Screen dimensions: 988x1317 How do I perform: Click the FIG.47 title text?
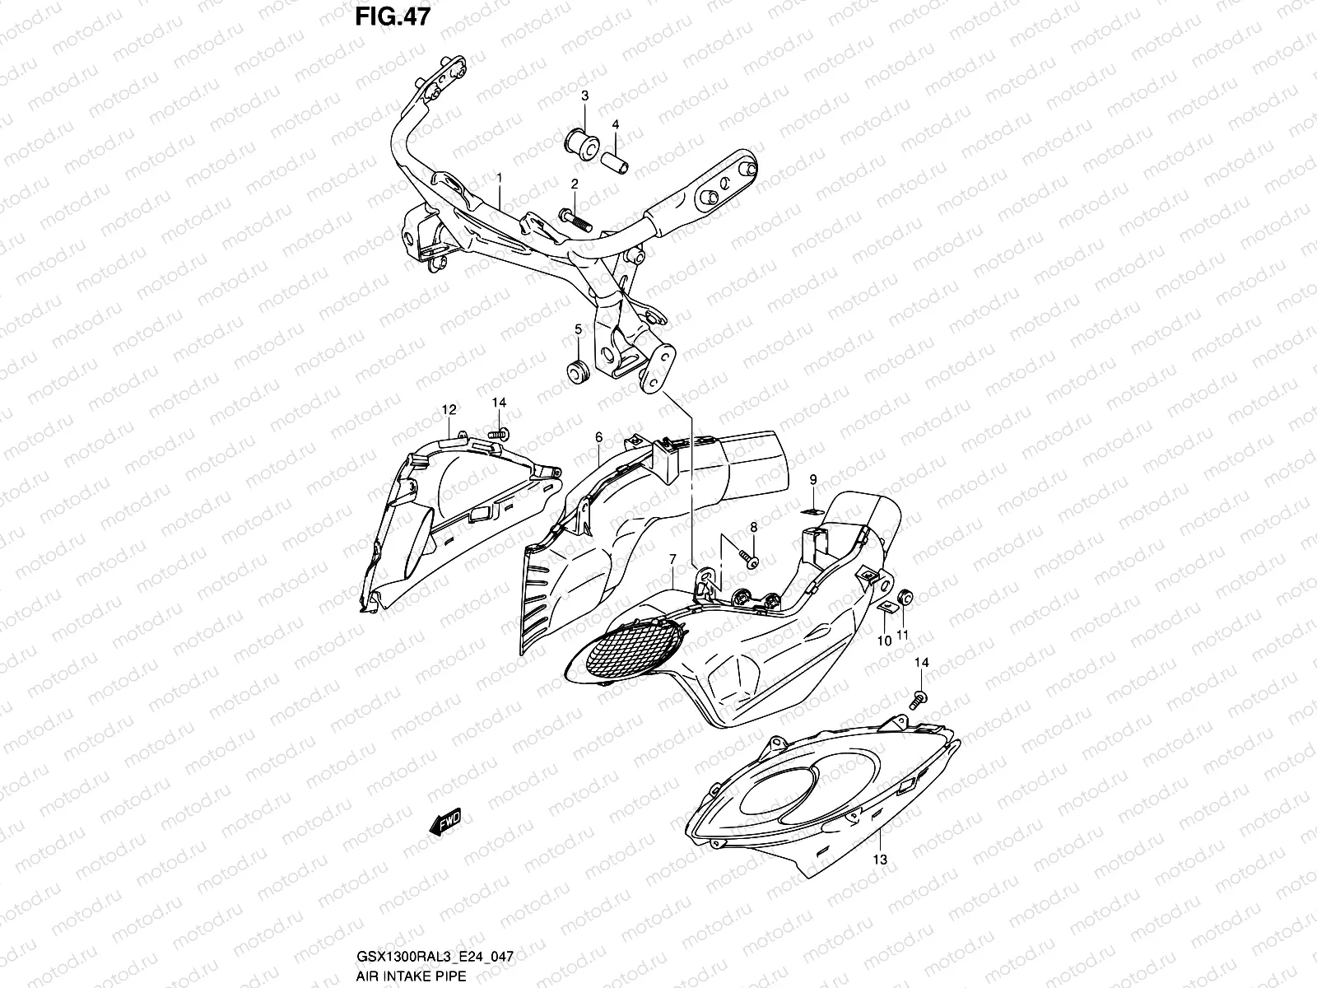391,16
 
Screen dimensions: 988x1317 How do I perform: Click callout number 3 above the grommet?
584,96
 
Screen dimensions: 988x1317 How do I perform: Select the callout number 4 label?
615,124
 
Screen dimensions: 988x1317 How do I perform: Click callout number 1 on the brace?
498,178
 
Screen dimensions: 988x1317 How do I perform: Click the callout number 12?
448,409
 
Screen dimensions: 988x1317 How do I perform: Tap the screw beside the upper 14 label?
498,433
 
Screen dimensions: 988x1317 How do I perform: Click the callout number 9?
812,479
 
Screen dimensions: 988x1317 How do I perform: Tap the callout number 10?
883,640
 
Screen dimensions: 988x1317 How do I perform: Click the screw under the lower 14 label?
919,698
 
